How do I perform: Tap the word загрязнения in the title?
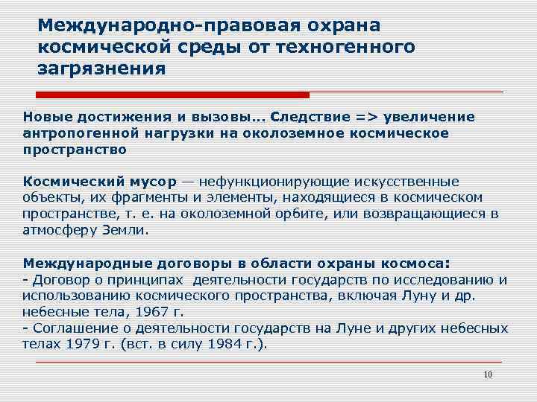point(101,69)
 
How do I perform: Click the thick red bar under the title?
point(172,95)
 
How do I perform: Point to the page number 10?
point(488,374)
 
